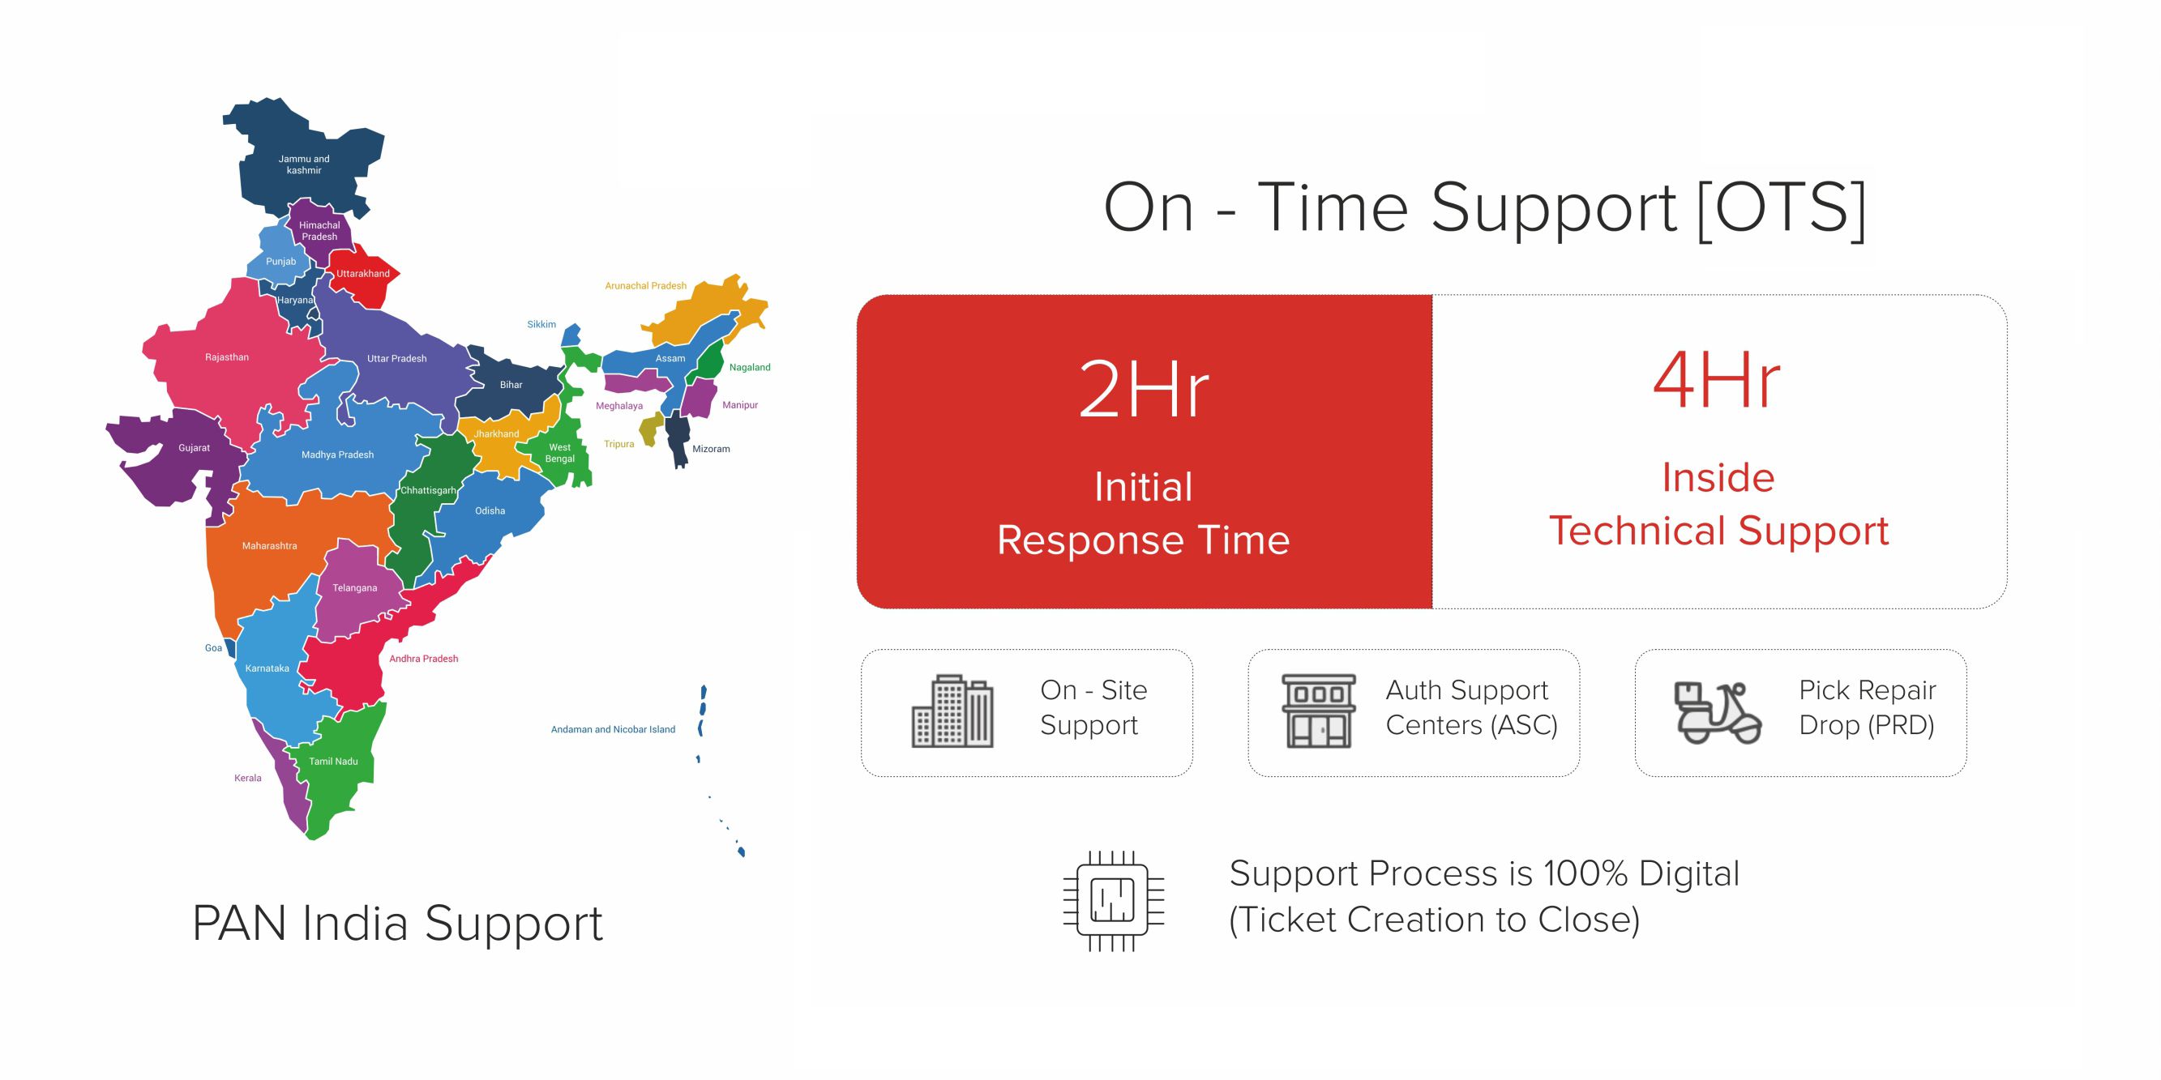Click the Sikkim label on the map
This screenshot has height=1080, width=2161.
click(x=541, y=325)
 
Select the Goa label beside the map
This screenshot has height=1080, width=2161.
click(x=213, y=648)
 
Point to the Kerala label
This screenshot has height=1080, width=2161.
click(x=247, y=778)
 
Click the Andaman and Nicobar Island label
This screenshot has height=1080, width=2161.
click(x=613, y=729)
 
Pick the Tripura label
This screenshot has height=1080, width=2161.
click(x=619, y=445)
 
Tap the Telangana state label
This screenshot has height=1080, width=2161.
click(x=354, y=587)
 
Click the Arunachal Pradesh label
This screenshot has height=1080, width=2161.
click(x=645, y=286)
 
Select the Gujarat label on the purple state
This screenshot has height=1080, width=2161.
click(x=194, y=448)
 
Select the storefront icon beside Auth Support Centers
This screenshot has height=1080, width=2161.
click(x=1318, y=711)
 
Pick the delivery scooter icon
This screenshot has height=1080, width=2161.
click(x=1716, y=713)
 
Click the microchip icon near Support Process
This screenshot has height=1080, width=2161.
click(x=1113, y=902)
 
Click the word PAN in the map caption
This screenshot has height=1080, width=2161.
click(x=239, y=924)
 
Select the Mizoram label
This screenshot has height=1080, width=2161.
click(x=711, y=450)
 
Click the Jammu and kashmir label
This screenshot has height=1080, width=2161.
click(x=304, y=164)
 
